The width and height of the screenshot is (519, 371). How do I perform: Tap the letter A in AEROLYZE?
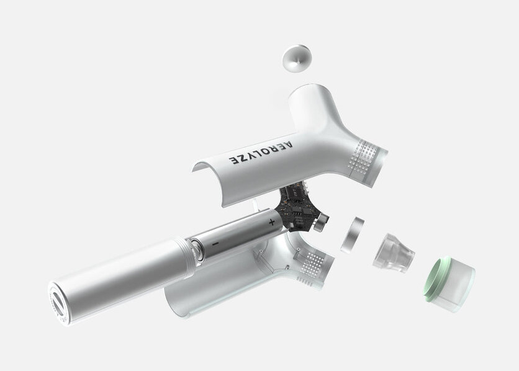click(287, 145)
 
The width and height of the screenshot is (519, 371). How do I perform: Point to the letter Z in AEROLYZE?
click(243, 158)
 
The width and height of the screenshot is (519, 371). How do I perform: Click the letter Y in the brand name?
click(251, 156)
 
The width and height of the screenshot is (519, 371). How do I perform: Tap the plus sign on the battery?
click(271, 222)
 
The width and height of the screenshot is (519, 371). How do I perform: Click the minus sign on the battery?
click(215, 244)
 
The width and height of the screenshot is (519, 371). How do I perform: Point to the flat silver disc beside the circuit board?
click(352, 235)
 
